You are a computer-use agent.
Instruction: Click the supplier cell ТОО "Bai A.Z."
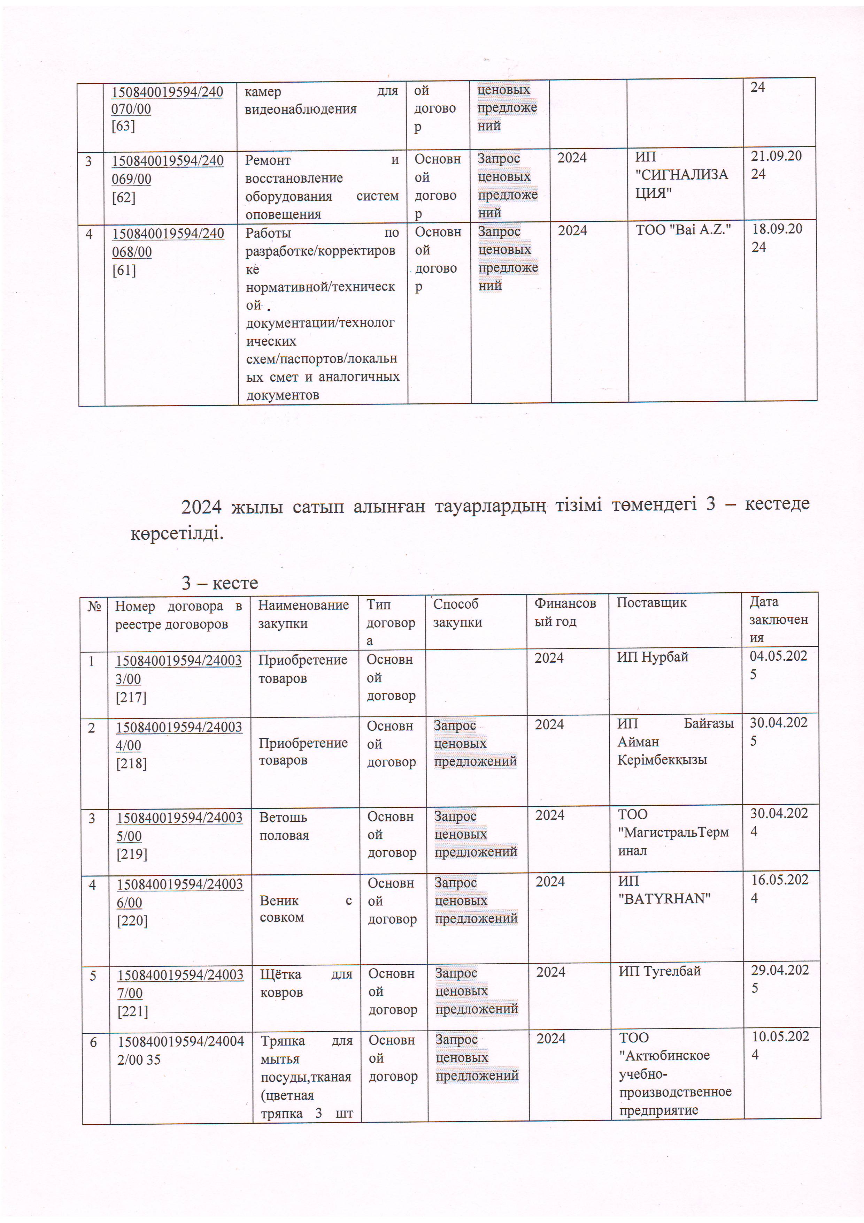coord(683,230)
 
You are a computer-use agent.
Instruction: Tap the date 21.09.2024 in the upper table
coord(776,165)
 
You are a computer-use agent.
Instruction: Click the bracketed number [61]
coord(124,271)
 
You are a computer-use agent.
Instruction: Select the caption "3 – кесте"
coord(219,583)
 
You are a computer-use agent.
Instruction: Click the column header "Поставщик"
coord(651,602)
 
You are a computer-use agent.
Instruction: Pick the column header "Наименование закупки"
coord(303,614)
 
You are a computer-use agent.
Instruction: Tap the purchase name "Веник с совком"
coord(305,909)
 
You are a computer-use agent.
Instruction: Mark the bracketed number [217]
coord(131,697)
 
